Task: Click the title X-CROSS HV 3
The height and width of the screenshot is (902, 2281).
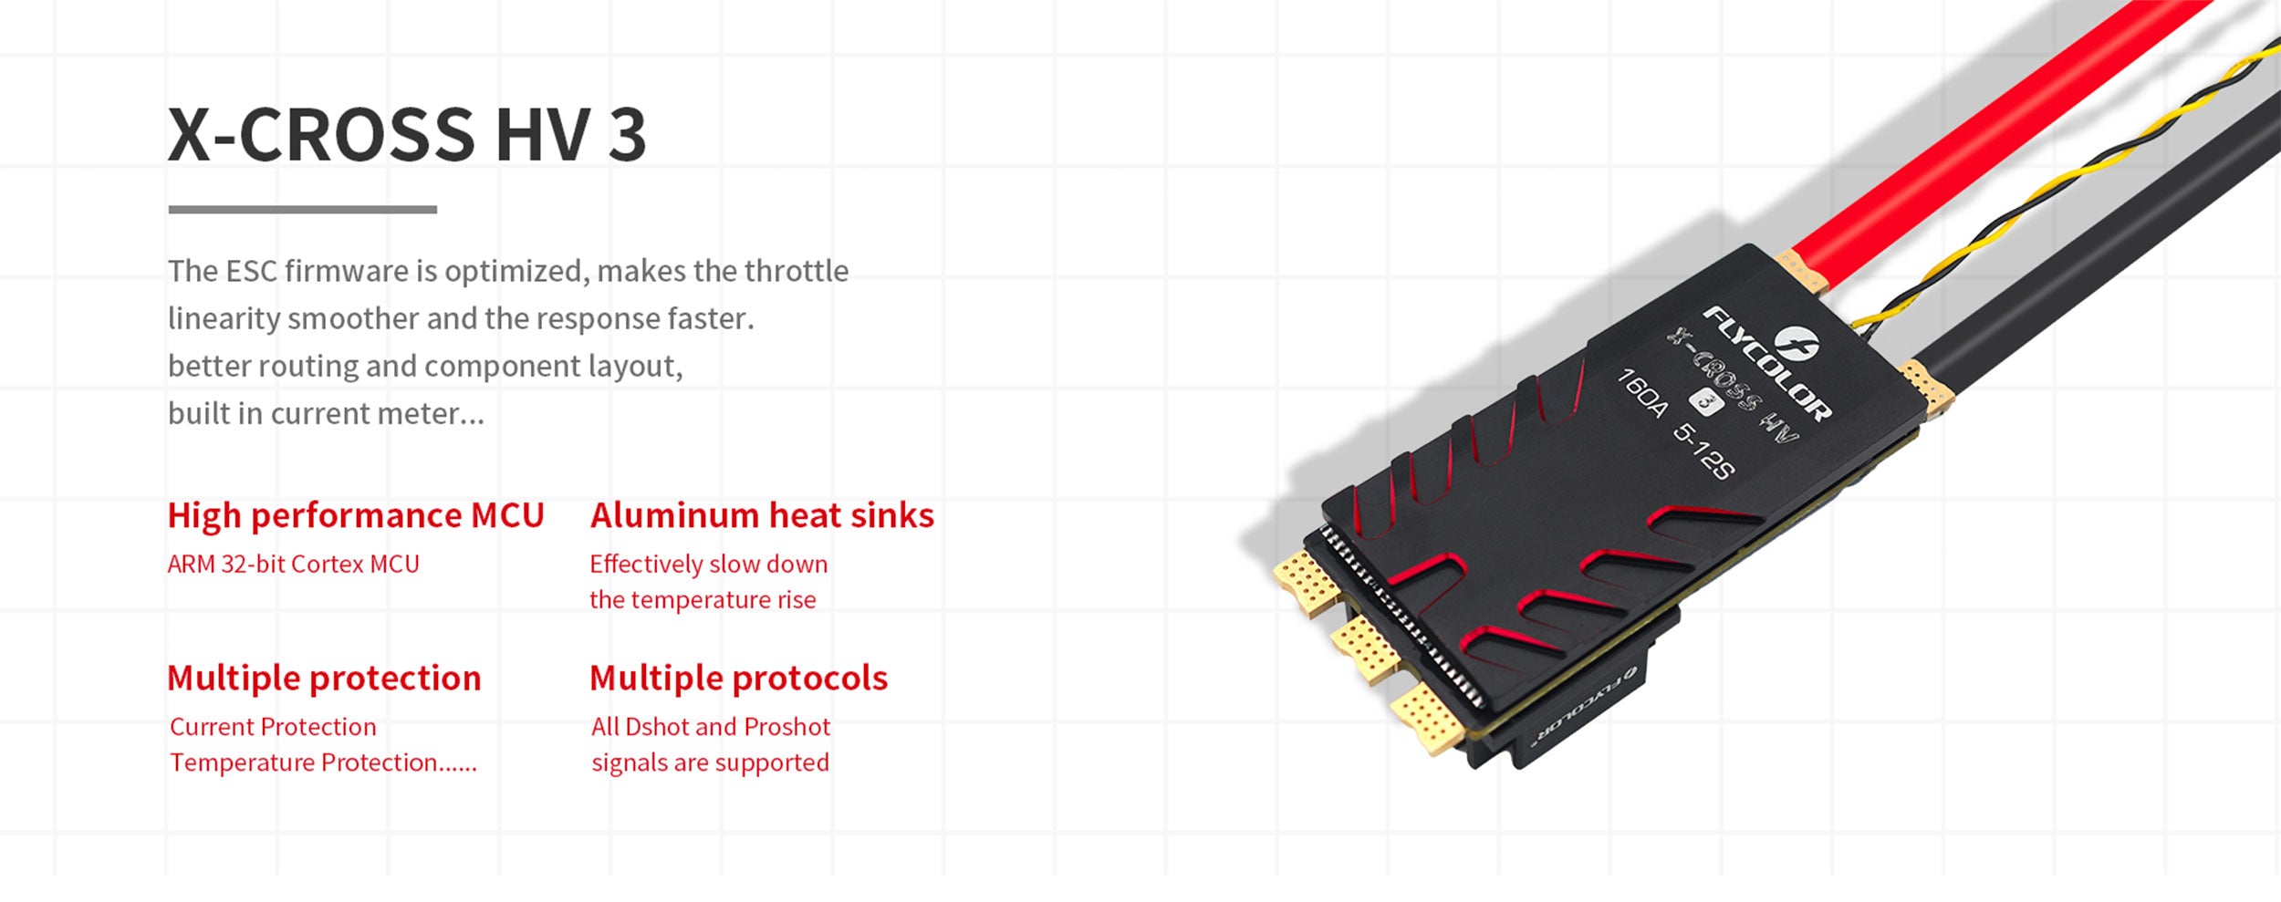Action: [407, 135]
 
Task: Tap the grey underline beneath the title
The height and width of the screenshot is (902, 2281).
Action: [303, 210]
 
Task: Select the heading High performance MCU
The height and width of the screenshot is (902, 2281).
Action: [356, 516]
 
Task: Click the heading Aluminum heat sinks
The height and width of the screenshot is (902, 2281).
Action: [762, 515]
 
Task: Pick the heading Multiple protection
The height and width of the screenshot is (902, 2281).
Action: [324, 679]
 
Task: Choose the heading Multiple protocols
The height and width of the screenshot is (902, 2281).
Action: [738, 679]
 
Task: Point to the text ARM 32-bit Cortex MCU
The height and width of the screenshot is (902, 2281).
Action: [294, 565]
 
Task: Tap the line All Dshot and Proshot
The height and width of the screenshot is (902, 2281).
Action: [711, 727]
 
